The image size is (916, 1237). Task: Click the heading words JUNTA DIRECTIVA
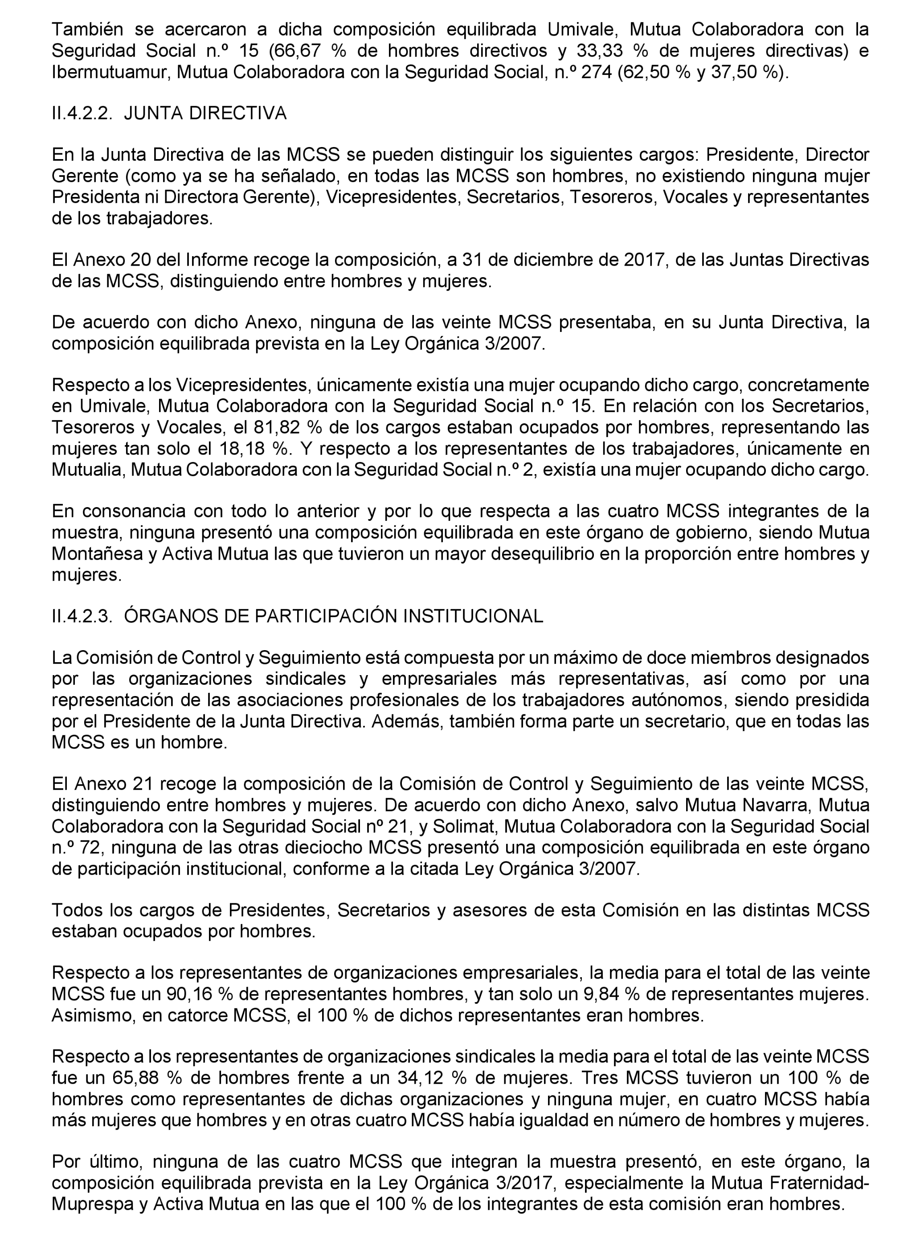point(205,114)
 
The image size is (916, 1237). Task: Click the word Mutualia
point(88,470)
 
